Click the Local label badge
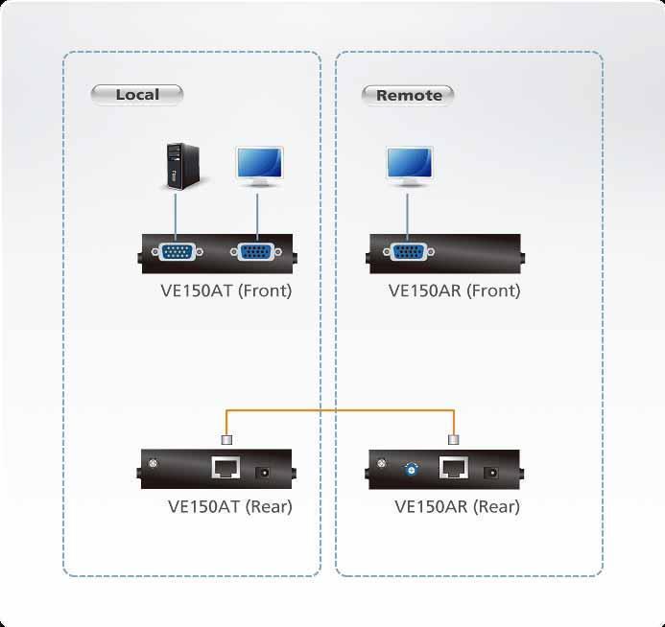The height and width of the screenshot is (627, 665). click(137, 94)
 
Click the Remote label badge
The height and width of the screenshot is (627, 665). click(409, 95)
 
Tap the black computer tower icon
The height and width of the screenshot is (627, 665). click(175, 166)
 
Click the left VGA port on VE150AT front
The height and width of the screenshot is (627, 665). click(176, 253)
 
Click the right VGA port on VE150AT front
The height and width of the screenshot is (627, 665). click(255, 253)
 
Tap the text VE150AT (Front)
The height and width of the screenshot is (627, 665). click(226, 290)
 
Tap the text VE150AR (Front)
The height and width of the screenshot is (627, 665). click(454, 290)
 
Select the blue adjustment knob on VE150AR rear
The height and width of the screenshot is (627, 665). click(412, 470)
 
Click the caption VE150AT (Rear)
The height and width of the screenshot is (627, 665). click(229, 506)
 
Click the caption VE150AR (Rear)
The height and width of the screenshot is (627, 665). click(457, 506)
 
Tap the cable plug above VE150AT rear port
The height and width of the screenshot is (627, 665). click(227, 440)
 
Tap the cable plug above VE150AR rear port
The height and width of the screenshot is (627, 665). click(454, 440)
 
